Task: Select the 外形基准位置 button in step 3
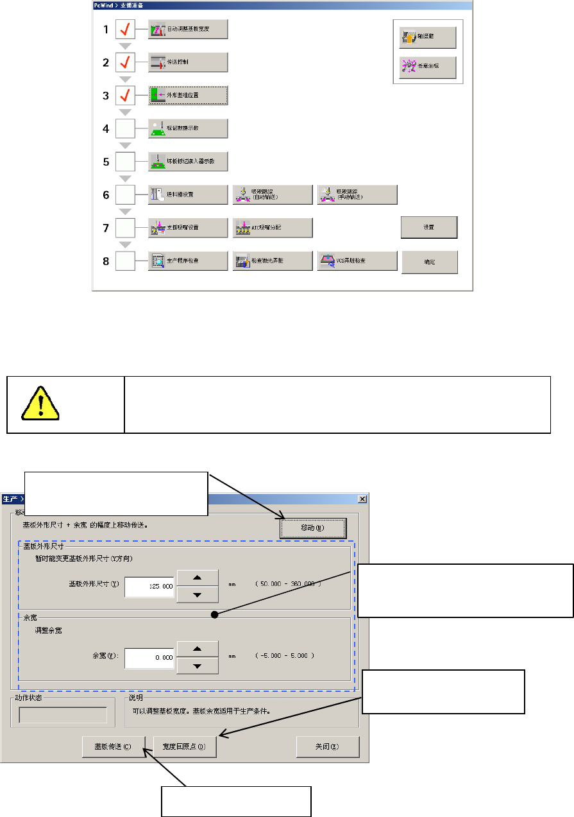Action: click(x=188, y=96)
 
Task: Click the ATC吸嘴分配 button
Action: click(x=273, y=228)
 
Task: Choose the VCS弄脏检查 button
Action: click(x=357, y=261)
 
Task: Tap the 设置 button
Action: click(x=429, y=227)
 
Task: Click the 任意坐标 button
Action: click(x=424, y=67)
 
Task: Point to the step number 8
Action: click(x=106, y=261)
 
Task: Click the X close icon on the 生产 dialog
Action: click(x=362, y=499)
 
